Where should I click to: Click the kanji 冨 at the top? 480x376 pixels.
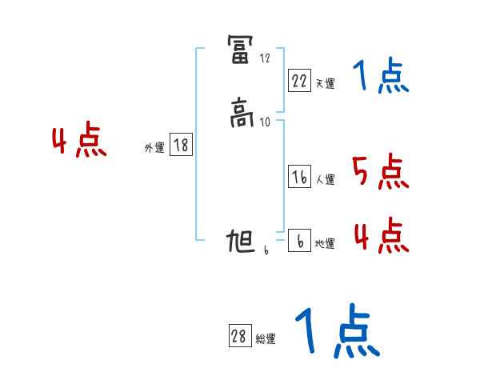point(241,50)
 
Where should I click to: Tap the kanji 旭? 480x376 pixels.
point(241,242)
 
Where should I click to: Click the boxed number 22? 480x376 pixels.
point(299,81)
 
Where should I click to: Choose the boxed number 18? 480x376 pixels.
point(181,146)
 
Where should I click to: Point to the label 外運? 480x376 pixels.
point(154,148)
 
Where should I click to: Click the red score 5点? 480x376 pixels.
point(380,171)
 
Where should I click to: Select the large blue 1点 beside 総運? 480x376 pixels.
point(336,331)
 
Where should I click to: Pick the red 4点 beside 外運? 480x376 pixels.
point(79,142)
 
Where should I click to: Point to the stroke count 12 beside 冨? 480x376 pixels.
point(265,58)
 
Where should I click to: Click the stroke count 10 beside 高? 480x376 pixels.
point(266,122)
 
